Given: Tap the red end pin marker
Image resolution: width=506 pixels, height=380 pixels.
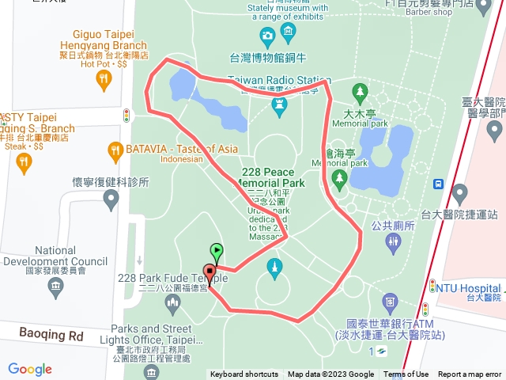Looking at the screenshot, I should tap(210, 271).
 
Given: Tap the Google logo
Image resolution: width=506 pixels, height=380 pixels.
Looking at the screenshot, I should tap(29, 369).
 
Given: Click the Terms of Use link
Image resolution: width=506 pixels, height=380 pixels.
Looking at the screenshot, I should tap(406, 374).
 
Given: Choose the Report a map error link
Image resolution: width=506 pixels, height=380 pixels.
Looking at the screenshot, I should tap(471, 374).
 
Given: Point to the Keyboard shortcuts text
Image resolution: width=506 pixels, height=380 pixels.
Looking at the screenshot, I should tap(244, 374).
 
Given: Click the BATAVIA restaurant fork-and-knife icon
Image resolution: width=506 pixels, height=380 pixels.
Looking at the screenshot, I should tap(115, 149).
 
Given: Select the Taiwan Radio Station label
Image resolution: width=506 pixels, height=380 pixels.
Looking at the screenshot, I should tap(278, 80).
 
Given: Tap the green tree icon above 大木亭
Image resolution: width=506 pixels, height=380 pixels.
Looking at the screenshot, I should tap(360, 92).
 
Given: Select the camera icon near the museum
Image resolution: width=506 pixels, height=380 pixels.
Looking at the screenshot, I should tap(267, 35).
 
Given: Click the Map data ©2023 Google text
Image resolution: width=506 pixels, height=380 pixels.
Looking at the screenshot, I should tap(330, 374).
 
